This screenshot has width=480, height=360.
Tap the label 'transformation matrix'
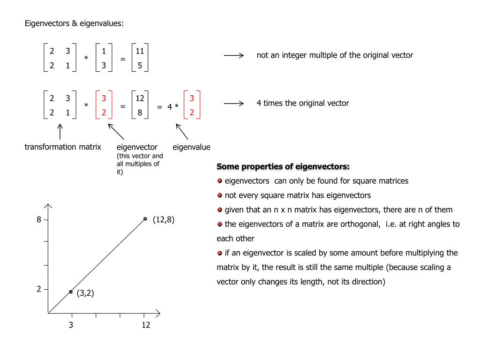coord(63,147)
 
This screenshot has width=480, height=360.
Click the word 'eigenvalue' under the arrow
coord(191,147)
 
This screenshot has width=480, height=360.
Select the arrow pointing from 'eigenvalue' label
coord(181,131)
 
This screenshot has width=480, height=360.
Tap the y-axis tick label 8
coord(39,219)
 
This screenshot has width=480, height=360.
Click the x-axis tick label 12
coord(146,325)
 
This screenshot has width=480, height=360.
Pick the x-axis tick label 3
coord(71,325)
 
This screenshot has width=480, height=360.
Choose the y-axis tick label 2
coord(39,289)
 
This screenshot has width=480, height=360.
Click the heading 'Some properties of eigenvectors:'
coord(283,166)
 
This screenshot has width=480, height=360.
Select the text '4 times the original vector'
coord(303,103)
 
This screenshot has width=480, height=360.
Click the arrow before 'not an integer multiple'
coord(233,56)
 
